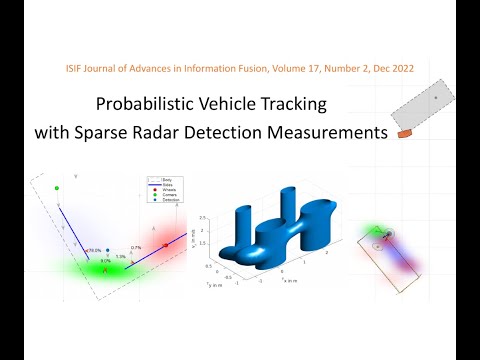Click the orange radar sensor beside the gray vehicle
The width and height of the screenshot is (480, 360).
[x=404, y=132]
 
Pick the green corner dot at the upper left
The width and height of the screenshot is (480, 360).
[x=57, y=188]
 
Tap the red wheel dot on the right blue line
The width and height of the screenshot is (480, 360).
[x=165, y=245]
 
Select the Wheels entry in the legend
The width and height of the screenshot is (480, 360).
[x=154, y=191]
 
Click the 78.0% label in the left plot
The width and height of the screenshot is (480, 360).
[x=94, y=251]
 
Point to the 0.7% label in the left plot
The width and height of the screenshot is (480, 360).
[x=135, y=246]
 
